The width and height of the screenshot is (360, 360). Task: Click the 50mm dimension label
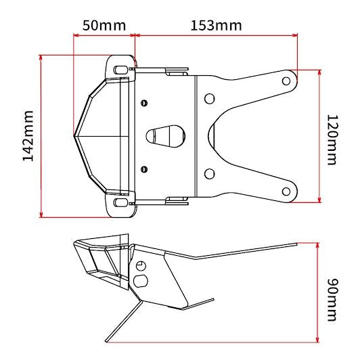[x=104, y=26]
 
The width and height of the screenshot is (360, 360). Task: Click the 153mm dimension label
[x=216, y=26]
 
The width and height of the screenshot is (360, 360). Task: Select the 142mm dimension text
[x=28, y=136]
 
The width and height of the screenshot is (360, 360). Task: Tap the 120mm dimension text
[x=332, y=140]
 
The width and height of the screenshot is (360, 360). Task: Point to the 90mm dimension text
[x=332, y=300]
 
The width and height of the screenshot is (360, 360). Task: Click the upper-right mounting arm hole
[x=286, y=81]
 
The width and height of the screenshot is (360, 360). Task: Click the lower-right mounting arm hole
[x=286, y=192]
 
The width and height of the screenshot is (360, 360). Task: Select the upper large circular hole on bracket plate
[x=209, y=99]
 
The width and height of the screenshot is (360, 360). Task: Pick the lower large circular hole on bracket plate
[x=209, y=174]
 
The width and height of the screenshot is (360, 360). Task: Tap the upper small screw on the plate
[x=144, y=103]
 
